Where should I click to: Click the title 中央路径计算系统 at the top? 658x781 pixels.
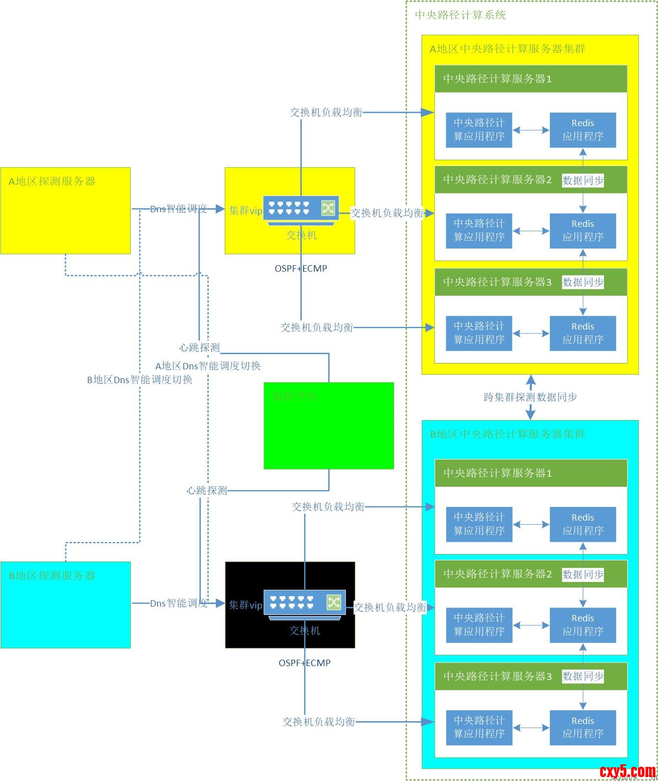[x=460, y=15]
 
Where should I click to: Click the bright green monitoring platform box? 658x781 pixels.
[x=329, y=425]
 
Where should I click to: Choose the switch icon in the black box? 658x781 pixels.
[x=305, y=603]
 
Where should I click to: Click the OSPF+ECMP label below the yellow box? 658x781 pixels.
[x=301, y=269]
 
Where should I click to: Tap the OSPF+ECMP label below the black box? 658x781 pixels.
[x=305, y=663]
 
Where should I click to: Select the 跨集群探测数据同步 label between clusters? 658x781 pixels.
[x=530, y=397]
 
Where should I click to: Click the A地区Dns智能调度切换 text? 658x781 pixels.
[x=208, y=366]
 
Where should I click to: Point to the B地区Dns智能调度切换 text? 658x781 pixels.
[x=140, y=380]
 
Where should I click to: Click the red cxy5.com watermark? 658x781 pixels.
[x=628, y=772]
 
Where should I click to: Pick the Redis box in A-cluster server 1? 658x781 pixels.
[x=582, y=130]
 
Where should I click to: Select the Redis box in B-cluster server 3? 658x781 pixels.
[x=582, y=727]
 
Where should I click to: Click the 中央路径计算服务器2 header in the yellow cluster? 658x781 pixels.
[x=497, y=180]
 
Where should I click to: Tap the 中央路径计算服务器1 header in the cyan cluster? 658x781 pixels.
[x=497, y=473]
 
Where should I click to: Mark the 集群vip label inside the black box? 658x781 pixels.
[x=245, y=605]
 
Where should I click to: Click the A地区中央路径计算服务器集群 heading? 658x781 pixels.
[x=508, y=49]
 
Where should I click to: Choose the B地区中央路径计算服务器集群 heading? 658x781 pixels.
[x=508, y=434]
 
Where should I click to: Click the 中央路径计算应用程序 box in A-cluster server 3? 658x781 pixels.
[x=479, y=334]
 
